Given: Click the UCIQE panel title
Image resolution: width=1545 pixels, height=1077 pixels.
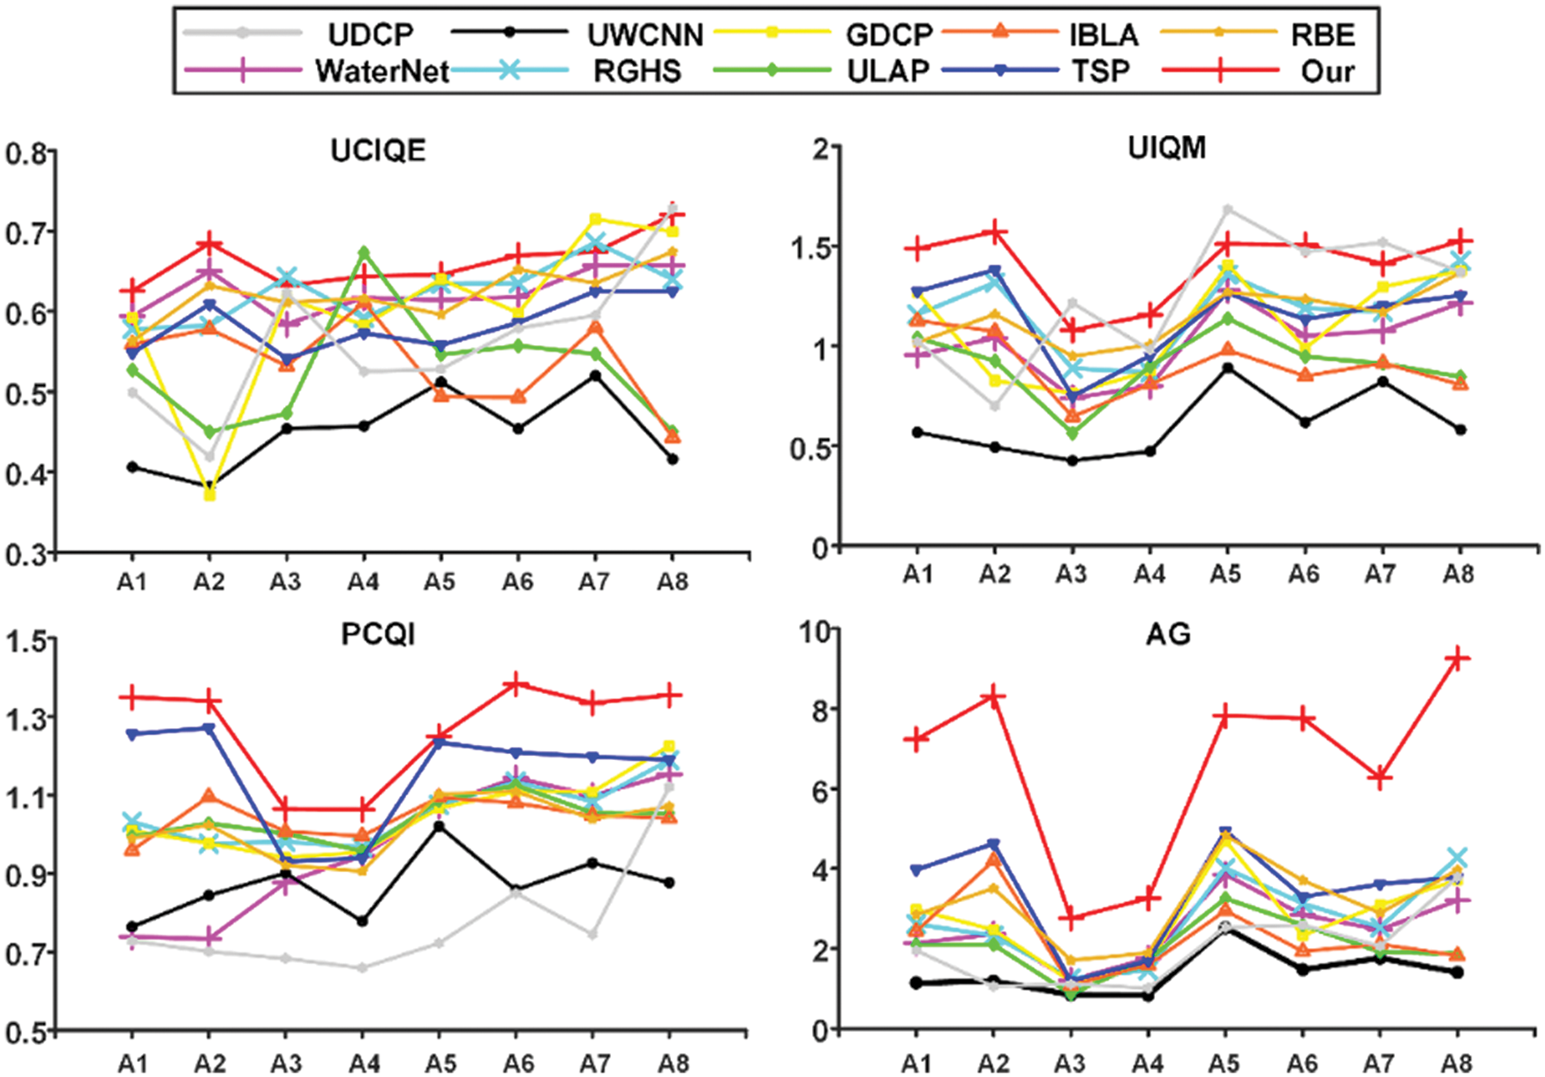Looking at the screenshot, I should tap(378, 151).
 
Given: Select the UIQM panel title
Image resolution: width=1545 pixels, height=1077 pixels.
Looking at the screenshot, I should tap(1166, 147).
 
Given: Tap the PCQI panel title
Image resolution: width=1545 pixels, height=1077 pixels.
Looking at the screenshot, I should tap(378, 634).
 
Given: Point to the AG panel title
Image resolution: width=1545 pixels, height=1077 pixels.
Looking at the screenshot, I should tap(1167, 634).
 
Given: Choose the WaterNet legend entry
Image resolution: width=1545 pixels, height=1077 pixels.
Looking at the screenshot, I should tap(382, 71).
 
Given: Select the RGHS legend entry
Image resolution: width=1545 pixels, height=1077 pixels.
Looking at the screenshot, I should tap(637, 71).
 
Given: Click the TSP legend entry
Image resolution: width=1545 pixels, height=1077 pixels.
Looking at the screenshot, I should tap(1100, 71).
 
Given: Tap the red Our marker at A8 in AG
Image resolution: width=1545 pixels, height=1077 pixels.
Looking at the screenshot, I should tap(1458, 658).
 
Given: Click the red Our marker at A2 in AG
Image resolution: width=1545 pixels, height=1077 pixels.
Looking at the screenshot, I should tap(994, 697).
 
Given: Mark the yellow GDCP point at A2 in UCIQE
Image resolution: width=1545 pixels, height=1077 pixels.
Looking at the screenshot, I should tap(209, 495).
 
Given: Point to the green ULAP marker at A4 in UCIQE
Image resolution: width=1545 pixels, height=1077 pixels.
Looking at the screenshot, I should tap(363, 252).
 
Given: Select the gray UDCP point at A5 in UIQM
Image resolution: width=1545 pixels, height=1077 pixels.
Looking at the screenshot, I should tap(1226, 209).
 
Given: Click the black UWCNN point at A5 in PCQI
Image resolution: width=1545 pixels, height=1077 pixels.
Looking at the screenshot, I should tap(440, 826).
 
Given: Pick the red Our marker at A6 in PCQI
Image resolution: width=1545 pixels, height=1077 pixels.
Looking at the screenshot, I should tap(517, 684).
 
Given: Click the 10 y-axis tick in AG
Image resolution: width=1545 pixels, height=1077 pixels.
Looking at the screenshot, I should tap(814, 630).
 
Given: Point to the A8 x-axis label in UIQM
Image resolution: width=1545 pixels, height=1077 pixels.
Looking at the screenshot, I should tap(1458, 575).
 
